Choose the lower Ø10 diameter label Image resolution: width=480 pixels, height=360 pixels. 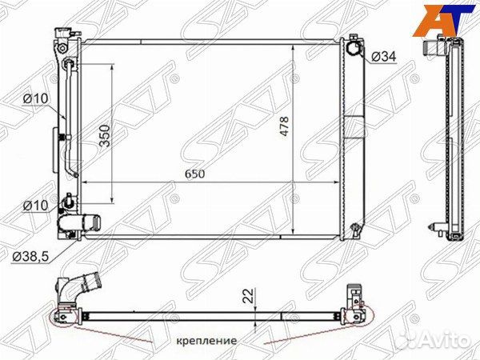click(x=34, y=206)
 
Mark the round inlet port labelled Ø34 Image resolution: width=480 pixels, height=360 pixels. click(x=354, y=49)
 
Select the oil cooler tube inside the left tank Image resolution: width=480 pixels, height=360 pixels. click(x=70, y=120)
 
